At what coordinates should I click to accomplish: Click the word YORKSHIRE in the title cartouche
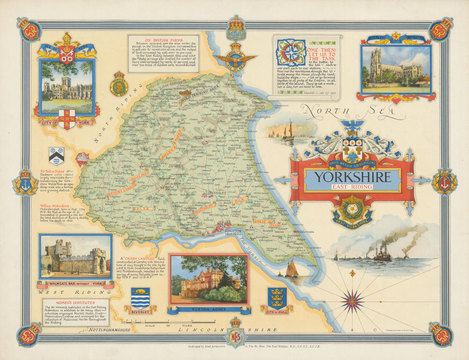coord(352,177)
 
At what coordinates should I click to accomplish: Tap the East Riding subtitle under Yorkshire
coord(352,186)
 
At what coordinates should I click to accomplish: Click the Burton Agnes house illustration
coord(208,280)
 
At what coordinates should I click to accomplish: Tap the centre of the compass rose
coord(353,301)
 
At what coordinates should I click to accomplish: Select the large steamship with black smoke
coord(382,254)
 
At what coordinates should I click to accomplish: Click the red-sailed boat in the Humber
coord(292,269)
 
